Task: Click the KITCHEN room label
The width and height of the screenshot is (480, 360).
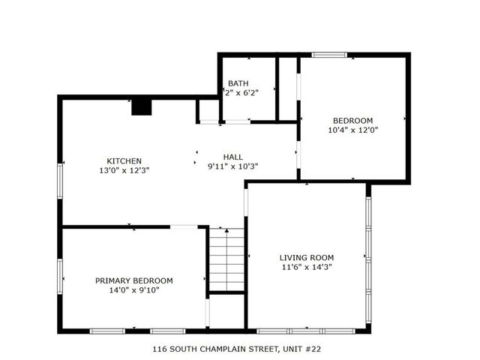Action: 124,160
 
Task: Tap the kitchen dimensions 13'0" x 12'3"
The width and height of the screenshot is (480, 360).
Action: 124,170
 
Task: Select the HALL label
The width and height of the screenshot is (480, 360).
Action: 232,157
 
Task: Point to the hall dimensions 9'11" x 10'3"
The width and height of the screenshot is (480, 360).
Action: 232,166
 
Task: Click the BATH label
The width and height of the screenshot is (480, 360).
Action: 238,82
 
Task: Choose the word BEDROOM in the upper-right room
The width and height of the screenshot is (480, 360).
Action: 352,120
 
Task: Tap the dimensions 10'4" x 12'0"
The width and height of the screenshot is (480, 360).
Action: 352,130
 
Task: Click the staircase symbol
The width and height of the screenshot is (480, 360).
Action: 226,258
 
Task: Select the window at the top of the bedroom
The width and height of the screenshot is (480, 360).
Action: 330,55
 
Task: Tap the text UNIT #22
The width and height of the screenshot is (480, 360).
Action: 305,349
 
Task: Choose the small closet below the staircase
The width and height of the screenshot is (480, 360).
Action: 226,310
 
